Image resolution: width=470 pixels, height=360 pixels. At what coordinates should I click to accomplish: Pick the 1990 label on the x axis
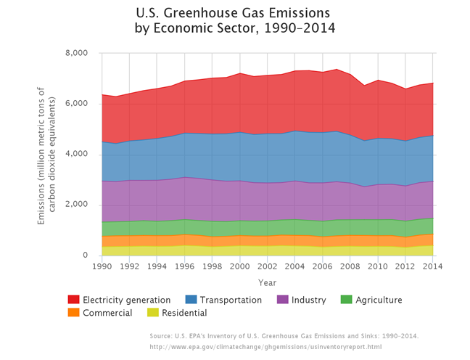tap(102, 266)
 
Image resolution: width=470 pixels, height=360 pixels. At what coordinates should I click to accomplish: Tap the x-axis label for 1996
tap(184, 266)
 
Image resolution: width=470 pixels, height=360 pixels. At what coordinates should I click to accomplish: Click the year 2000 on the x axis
tap(240, 266)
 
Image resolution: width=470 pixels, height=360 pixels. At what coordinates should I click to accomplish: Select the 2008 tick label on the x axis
tap(350, 266)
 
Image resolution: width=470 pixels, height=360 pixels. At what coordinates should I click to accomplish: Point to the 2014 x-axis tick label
tap(433, 266)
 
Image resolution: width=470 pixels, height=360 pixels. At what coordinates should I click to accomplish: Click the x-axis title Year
tap(267, 282)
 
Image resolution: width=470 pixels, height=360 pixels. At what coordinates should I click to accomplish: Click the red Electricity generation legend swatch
tap(73, 300)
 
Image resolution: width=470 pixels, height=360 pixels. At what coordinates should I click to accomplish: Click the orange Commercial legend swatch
tap(73, 313)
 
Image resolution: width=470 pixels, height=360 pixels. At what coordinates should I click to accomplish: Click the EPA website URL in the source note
tap(265, 347)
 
